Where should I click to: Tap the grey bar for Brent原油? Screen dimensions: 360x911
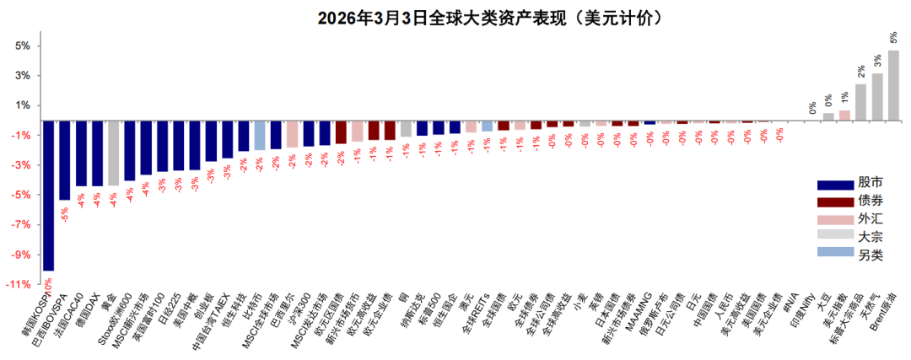(893, 85)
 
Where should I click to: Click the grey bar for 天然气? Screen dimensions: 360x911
(877, 97)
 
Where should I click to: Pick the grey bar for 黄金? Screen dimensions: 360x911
(113, 153)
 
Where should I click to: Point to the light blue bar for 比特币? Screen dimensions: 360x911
(260, 135)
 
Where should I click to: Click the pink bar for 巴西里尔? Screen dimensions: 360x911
(292, 134)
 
